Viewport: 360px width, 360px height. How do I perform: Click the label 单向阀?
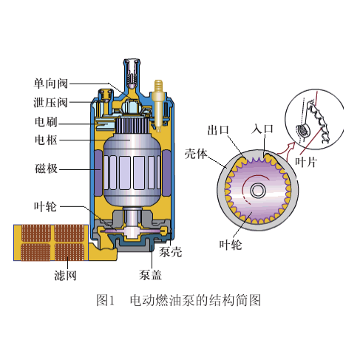click(51, 84)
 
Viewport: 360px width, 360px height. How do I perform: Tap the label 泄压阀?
click(51, 102)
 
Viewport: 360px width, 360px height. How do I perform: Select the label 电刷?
click(46, 121)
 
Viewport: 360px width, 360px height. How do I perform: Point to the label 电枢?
click(46, 140)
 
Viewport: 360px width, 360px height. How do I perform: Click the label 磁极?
click(46, 169)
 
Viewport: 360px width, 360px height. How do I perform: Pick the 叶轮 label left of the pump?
click(45, 206)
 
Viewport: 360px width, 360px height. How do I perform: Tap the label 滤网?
click(65, 275)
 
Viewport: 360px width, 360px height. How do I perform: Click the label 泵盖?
click(150, 275)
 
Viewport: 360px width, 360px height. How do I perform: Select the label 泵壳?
click(171, 252)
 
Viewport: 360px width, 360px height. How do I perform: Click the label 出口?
click(218, 130)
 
